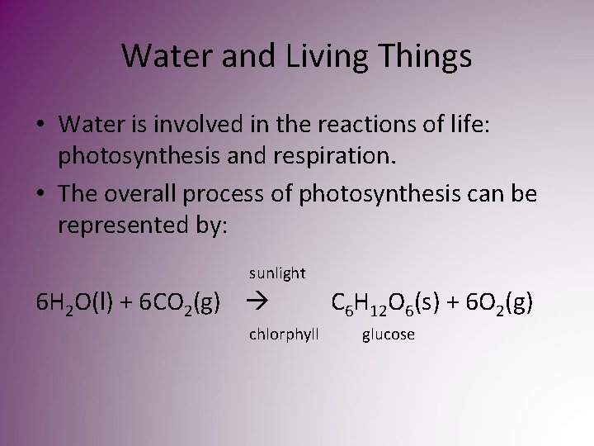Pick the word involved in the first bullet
(205, 124)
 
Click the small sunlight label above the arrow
(276, 273)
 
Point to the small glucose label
(388, 334)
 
